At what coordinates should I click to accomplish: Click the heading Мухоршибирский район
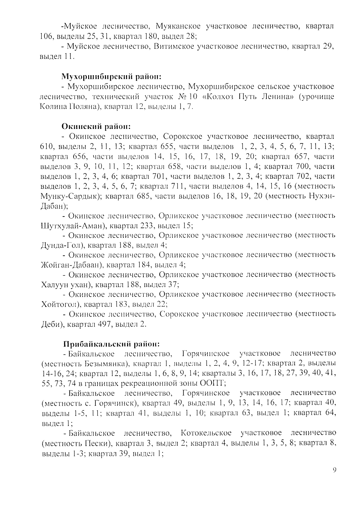[112, 76]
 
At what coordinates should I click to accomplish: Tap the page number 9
[334, 470]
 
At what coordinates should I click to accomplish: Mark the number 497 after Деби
[104, 324]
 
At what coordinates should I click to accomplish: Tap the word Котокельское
[206, 433]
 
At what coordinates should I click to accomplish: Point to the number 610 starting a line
[47, 147]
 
